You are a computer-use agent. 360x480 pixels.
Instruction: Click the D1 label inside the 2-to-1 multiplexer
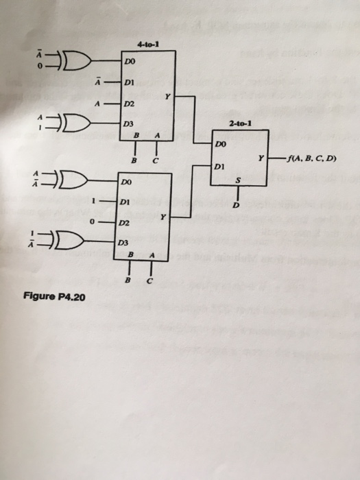(x=219, y=167)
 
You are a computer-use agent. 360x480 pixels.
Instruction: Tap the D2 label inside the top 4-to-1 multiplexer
(x=128, y=104)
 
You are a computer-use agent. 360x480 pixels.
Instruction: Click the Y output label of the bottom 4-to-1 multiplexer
(x=163, y=216)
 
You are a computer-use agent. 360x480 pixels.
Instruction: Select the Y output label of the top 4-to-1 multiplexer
(x=167, y=97)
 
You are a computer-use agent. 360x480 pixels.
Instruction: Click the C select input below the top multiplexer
(x=156, y=160)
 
